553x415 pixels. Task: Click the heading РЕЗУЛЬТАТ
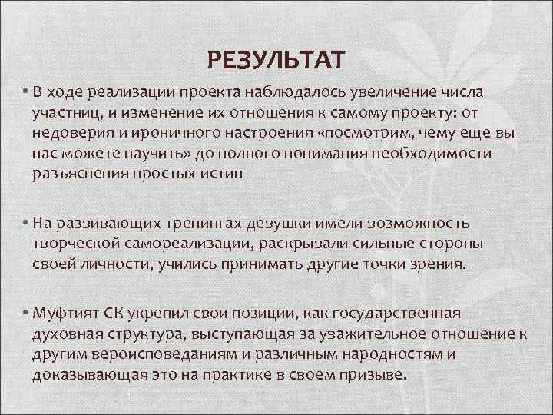tap(276, 58)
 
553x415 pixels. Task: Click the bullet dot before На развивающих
tap(25, 224)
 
